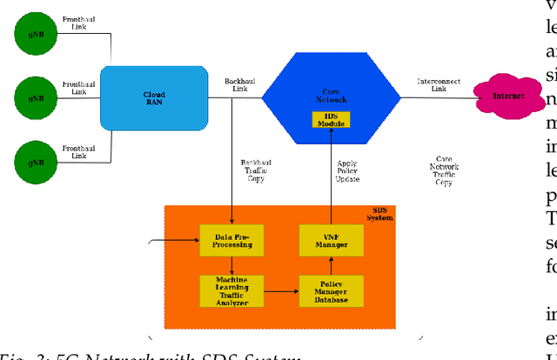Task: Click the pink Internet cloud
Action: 507,97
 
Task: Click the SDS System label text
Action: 379,214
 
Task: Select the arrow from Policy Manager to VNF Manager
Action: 332,264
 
